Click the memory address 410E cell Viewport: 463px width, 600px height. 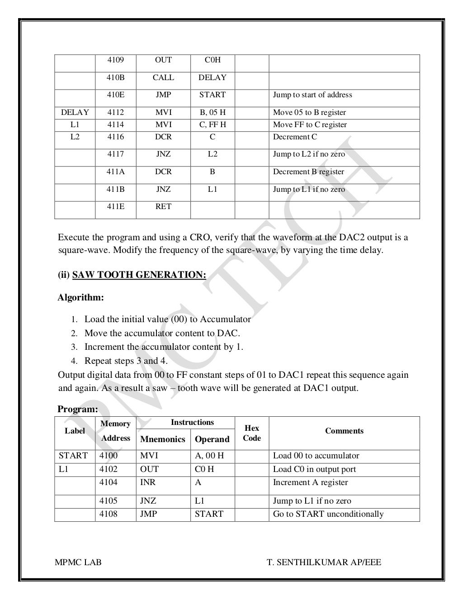click(115, 95)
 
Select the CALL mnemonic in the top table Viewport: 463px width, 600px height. click(163, 77)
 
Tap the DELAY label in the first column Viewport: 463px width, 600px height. click(75, 112)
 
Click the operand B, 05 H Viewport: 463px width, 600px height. click(212, 112)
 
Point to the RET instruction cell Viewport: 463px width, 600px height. click(163, 206)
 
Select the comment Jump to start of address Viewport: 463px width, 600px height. click(312, 95)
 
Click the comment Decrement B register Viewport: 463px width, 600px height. click(308, 172)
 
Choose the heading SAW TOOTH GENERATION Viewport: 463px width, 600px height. click(139, 275)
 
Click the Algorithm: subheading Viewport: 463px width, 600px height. click(81, 298)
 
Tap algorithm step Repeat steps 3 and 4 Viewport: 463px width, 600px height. click(126, 361)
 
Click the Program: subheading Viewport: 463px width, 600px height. click(77, 409)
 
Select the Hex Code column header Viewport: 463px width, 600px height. click(252, 433)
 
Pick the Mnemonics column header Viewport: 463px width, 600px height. click(163, 439)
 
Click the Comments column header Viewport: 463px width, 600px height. click(344, 431)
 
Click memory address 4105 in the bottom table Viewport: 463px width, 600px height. click(109, 501)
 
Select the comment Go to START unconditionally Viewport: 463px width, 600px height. click(328, 514)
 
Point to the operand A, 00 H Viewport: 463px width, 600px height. click(209, 456)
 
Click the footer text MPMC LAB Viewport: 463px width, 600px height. click(78, 562)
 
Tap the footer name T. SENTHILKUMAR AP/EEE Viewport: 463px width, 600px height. click(324, 562)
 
